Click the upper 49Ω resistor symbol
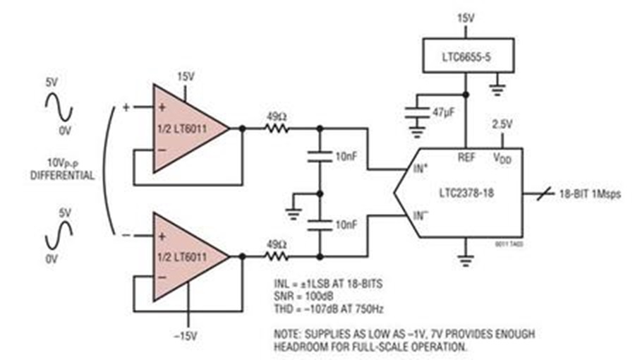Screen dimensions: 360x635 pyautogui.click(x=278, y=128)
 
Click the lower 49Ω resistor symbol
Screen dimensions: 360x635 pyautogui.click(x=278, y=256)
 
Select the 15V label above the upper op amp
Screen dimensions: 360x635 pyautogui.click(x=186, y=75)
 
